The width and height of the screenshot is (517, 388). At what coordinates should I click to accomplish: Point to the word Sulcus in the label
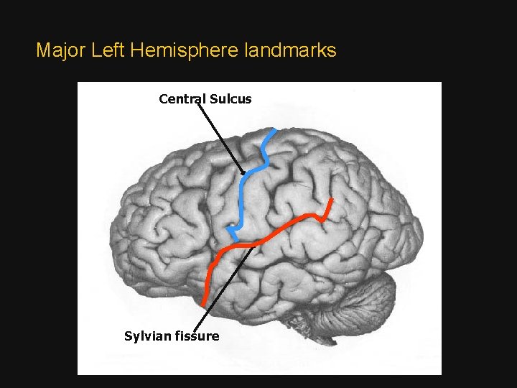231,98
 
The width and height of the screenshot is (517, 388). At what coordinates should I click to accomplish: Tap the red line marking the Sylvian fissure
287,226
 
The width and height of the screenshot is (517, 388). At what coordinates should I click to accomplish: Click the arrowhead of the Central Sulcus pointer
243,172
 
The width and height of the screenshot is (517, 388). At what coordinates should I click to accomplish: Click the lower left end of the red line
204,301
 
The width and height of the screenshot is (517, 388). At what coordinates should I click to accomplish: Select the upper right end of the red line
331,200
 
